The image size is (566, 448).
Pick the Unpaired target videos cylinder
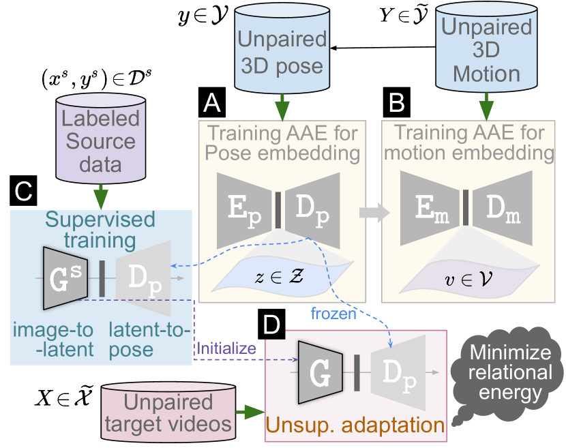click(x=168, y=412)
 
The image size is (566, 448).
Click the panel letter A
click(x=211, y=104)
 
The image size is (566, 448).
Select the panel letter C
click(x=23, y=192)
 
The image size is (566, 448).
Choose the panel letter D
click(x=273, y=326)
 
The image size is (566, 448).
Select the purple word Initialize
click(x=226, y=348)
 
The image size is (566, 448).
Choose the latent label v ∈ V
click(x=466, y=278)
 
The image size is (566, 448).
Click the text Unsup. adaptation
click(x=355, y=425)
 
